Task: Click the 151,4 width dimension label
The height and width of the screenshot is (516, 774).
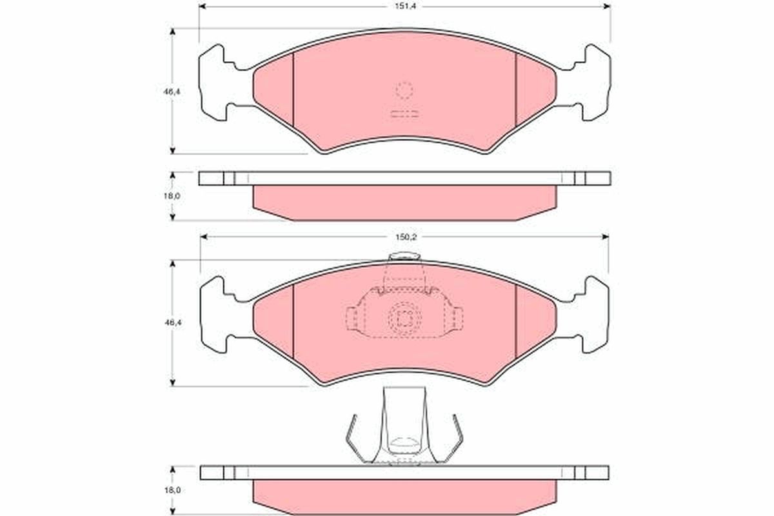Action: [x=405, y=6]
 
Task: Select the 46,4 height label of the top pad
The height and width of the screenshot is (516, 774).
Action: [x=172, y=92]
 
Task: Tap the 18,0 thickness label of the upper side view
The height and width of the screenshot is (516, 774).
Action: [x=172, y=196]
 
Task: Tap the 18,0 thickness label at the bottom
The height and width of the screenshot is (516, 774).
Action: [x=172, y=490]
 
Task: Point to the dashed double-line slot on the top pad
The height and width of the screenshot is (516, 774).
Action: [x=404, y=114]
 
